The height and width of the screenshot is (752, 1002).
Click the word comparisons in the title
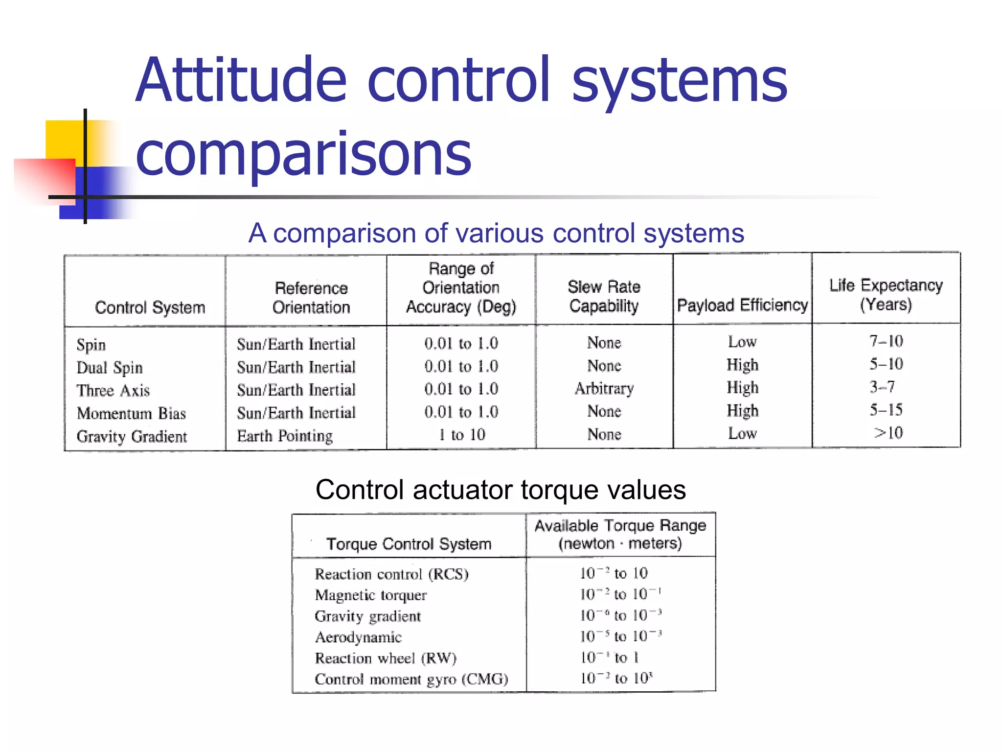click(303, 154)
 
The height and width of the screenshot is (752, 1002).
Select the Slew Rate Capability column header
click(604, 296)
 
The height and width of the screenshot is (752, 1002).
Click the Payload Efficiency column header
click(742, 305)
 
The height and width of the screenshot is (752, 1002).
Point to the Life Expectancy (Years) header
click(886, 295)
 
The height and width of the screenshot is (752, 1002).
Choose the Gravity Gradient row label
click(132, 436)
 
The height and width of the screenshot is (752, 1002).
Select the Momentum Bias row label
click(131, 413)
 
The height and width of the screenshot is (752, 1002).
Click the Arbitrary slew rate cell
click(604, 388)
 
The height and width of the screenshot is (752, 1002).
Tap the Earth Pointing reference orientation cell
click(285, 436)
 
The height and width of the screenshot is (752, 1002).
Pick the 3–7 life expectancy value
click(882, 387)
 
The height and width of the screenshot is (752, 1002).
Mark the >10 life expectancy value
click(888, 433)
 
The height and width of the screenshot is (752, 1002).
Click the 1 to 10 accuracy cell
click(461, 435)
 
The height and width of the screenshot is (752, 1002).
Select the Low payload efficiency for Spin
click(742, 342)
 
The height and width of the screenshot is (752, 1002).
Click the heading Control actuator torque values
click(501, 489)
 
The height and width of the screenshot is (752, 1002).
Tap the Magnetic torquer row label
click(370, 595)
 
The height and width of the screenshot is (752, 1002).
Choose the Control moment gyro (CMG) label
click(411, 679)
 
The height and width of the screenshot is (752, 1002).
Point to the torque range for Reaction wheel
click(610, 658)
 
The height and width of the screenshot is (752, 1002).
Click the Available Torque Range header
click(620, 534)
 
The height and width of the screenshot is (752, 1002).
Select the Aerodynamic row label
click(358, 637)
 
